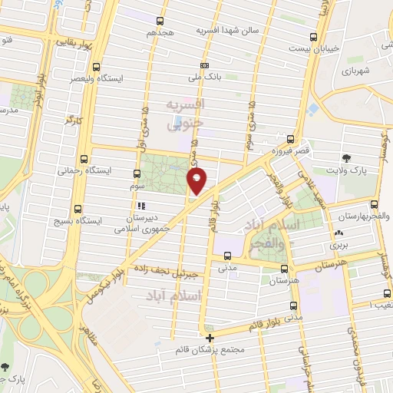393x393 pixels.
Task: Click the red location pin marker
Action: [197, 181]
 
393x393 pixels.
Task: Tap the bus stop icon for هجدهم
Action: [160, 21]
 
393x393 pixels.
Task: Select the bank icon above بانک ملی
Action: [203, 66]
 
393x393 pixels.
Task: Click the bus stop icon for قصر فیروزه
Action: [289, 139]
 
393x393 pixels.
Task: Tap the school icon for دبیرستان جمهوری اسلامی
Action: [141, 206]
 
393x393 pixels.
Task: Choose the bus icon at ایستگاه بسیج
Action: [78, 209]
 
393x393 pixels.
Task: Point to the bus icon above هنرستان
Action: [284, 269]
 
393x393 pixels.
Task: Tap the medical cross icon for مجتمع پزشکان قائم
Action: [210, 337]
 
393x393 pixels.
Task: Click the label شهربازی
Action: [357, 71]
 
